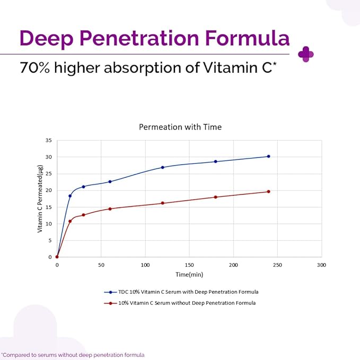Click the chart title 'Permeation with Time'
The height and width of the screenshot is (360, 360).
tap(180, 127)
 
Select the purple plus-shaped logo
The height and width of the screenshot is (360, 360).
tap(306, 54)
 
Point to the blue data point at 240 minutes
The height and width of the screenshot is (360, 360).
tap(268, 156)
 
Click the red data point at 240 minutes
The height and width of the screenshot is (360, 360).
tap(268, 191)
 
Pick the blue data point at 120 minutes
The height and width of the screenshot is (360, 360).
tap(163, 168)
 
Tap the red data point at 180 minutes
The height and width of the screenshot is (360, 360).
tap(215, 197)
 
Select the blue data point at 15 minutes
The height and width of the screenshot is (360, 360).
tap(70, 196)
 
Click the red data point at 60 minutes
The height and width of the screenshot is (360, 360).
tap(110, 209)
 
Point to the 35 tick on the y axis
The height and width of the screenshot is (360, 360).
tap(49, 141)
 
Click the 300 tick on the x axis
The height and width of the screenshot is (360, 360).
tap(321, 265)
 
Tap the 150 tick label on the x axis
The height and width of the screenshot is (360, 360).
tap(189, 265)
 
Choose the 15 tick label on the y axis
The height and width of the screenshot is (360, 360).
tap(49, 207)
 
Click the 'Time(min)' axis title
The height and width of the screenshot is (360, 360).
tap(189, 275)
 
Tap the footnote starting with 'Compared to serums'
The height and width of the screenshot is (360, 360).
tap(73, 355)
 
